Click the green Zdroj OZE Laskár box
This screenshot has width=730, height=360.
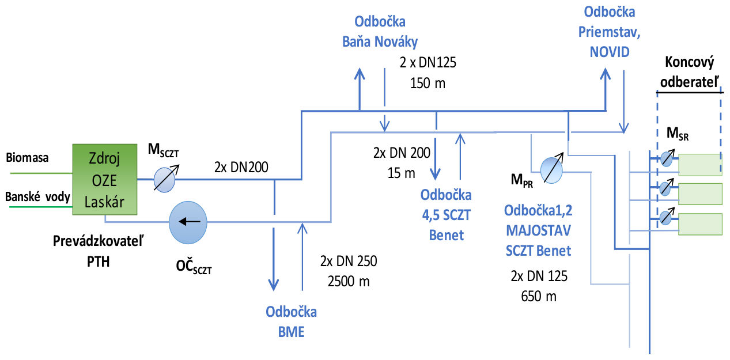tap(104, 179)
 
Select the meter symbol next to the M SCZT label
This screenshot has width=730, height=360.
tap(164, 179)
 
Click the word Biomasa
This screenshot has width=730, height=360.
tap(27, 156)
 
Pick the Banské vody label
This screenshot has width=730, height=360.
tap(37, 197)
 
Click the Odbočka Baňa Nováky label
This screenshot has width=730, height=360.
tap(380, 31)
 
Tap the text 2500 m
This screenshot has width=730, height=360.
tap(349, 282)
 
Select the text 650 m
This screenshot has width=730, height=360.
tap(539, 297)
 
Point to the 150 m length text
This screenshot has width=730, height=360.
tap(427, 82)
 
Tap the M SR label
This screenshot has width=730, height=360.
tap(678, 135)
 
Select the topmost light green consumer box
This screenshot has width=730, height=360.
tap(700, 164)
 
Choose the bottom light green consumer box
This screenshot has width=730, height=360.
tap(700, 223)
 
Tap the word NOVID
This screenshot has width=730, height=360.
tap(610, 51)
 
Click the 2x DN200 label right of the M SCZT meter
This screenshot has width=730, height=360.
tap(241, 168)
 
